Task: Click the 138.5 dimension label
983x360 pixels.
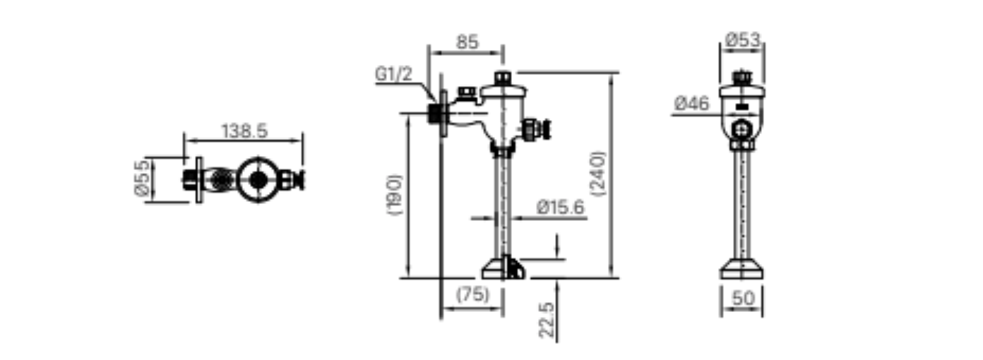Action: pyautogui.click(x=244, y=131)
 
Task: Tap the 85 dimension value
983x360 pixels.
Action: pyautogui.click(x=467, y=42)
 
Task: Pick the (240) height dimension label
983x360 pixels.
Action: pyautogui.click(x=598, y=174)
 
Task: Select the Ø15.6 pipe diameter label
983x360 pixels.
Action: pyautogui.click(x=560, y=207)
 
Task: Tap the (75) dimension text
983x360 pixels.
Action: pyautogui.click(x=472, y=294)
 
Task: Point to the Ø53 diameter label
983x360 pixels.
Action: pyautogui.click(x=743, y=40)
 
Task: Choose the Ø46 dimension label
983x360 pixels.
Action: pyautogui.click(x=692, y=104)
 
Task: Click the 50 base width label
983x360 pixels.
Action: pyautogui.click(x=742, y=299)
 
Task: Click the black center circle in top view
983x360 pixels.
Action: pyautogui.click(x=259, y=180)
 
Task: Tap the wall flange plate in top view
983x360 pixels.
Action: pyautogui.click(x=200, y=180)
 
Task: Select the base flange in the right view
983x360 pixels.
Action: pyautogui.click(x=741, y=269)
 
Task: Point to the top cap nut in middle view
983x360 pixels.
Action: pyautogui.click(x=503, y=77)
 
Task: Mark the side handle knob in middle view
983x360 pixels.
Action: pyautogui.click(x=544, y=129)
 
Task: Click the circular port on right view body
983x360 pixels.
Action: pyautogui.click(x=741, y=130)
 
